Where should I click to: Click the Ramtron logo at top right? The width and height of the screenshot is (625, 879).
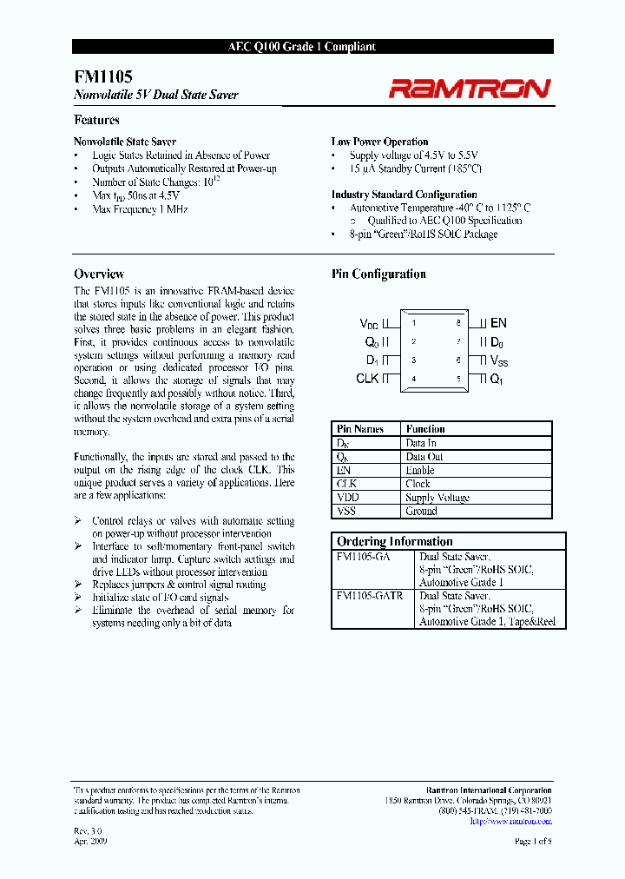point(469,88)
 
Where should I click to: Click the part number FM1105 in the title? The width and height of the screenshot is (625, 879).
point(90,77)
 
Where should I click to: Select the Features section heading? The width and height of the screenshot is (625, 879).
point(96,121)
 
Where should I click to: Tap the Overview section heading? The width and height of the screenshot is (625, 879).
point(99,274)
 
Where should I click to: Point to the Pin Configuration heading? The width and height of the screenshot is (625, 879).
point(378,274)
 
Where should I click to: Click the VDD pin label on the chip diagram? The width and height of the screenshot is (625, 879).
point(370,323)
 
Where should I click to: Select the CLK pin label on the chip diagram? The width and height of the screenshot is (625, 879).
point(367,379)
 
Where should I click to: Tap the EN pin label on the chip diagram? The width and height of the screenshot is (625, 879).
point(498,323)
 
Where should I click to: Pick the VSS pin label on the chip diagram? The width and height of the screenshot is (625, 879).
point(499,360)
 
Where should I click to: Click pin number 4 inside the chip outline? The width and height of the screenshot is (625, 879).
point(413,379)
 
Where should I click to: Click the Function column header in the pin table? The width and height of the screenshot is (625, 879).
point(425,429)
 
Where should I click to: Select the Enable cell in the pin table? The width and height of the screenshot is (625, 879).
point(420,470)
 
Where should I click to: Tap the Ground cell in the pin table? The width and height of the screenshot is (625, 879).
point(421,512)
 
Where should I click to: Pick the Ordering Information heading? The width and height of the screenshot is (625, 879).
point(394,541)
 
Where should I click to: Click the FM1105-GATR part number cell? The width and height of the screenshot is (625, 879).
point(369,597)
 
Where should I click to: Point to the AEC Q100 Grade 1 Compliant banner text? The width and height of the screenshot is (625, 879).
point(312,48)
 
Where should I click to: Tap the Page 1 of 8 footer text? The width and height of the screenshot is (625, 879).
point(533,842)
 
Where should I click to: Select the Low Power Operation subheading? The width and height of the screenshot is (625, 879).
point(379,142)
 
